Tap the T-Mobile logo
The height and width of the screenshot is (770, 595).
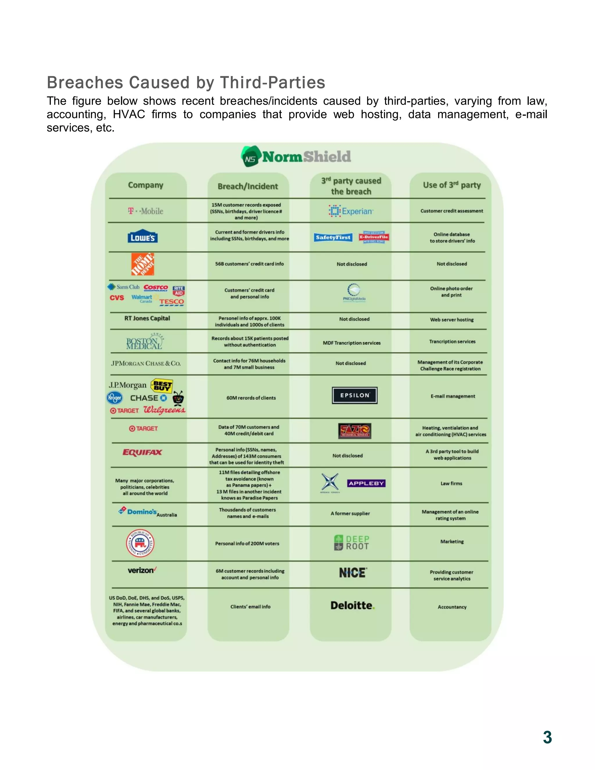click(146, 211)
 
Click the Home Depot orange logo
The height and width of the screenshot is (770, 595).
click(143, 264)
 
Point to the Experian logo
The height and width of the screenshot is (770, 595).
click(351, 211)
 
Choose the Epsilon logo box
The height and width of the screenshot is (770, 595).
click(355, 395)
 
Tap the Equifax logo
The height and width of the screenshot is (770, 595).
click(142, 452)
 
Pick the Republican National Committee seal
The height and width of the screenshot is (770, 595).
click(140, 543)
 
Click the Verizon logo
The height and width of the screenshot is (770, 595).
click(142, 570)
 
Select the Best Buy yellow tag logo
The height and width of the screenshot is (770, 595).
click(162, 386)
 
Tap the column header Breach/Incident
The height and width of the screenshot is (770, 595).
click(248, 186)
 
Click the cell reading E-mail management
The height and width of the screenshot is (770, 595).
click(453, 396)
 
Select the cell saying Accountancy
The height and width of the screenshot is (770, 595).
click(452, 607)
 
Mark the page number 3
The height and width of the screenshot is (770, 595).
click(547, 737)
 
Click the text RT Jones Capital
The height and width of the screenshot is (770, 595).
click(147, 318)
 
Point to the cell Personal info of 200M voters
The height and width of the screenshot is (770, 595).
click(247, 543)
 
